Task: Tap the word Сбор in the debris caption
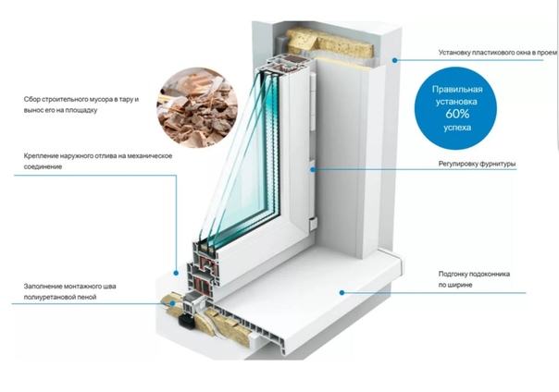point(33,99)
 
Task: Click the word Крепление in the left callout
point(43,155)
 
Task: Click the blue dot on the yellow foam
point(168,300)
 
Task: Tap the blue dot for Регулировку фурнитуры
point(314,169)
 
